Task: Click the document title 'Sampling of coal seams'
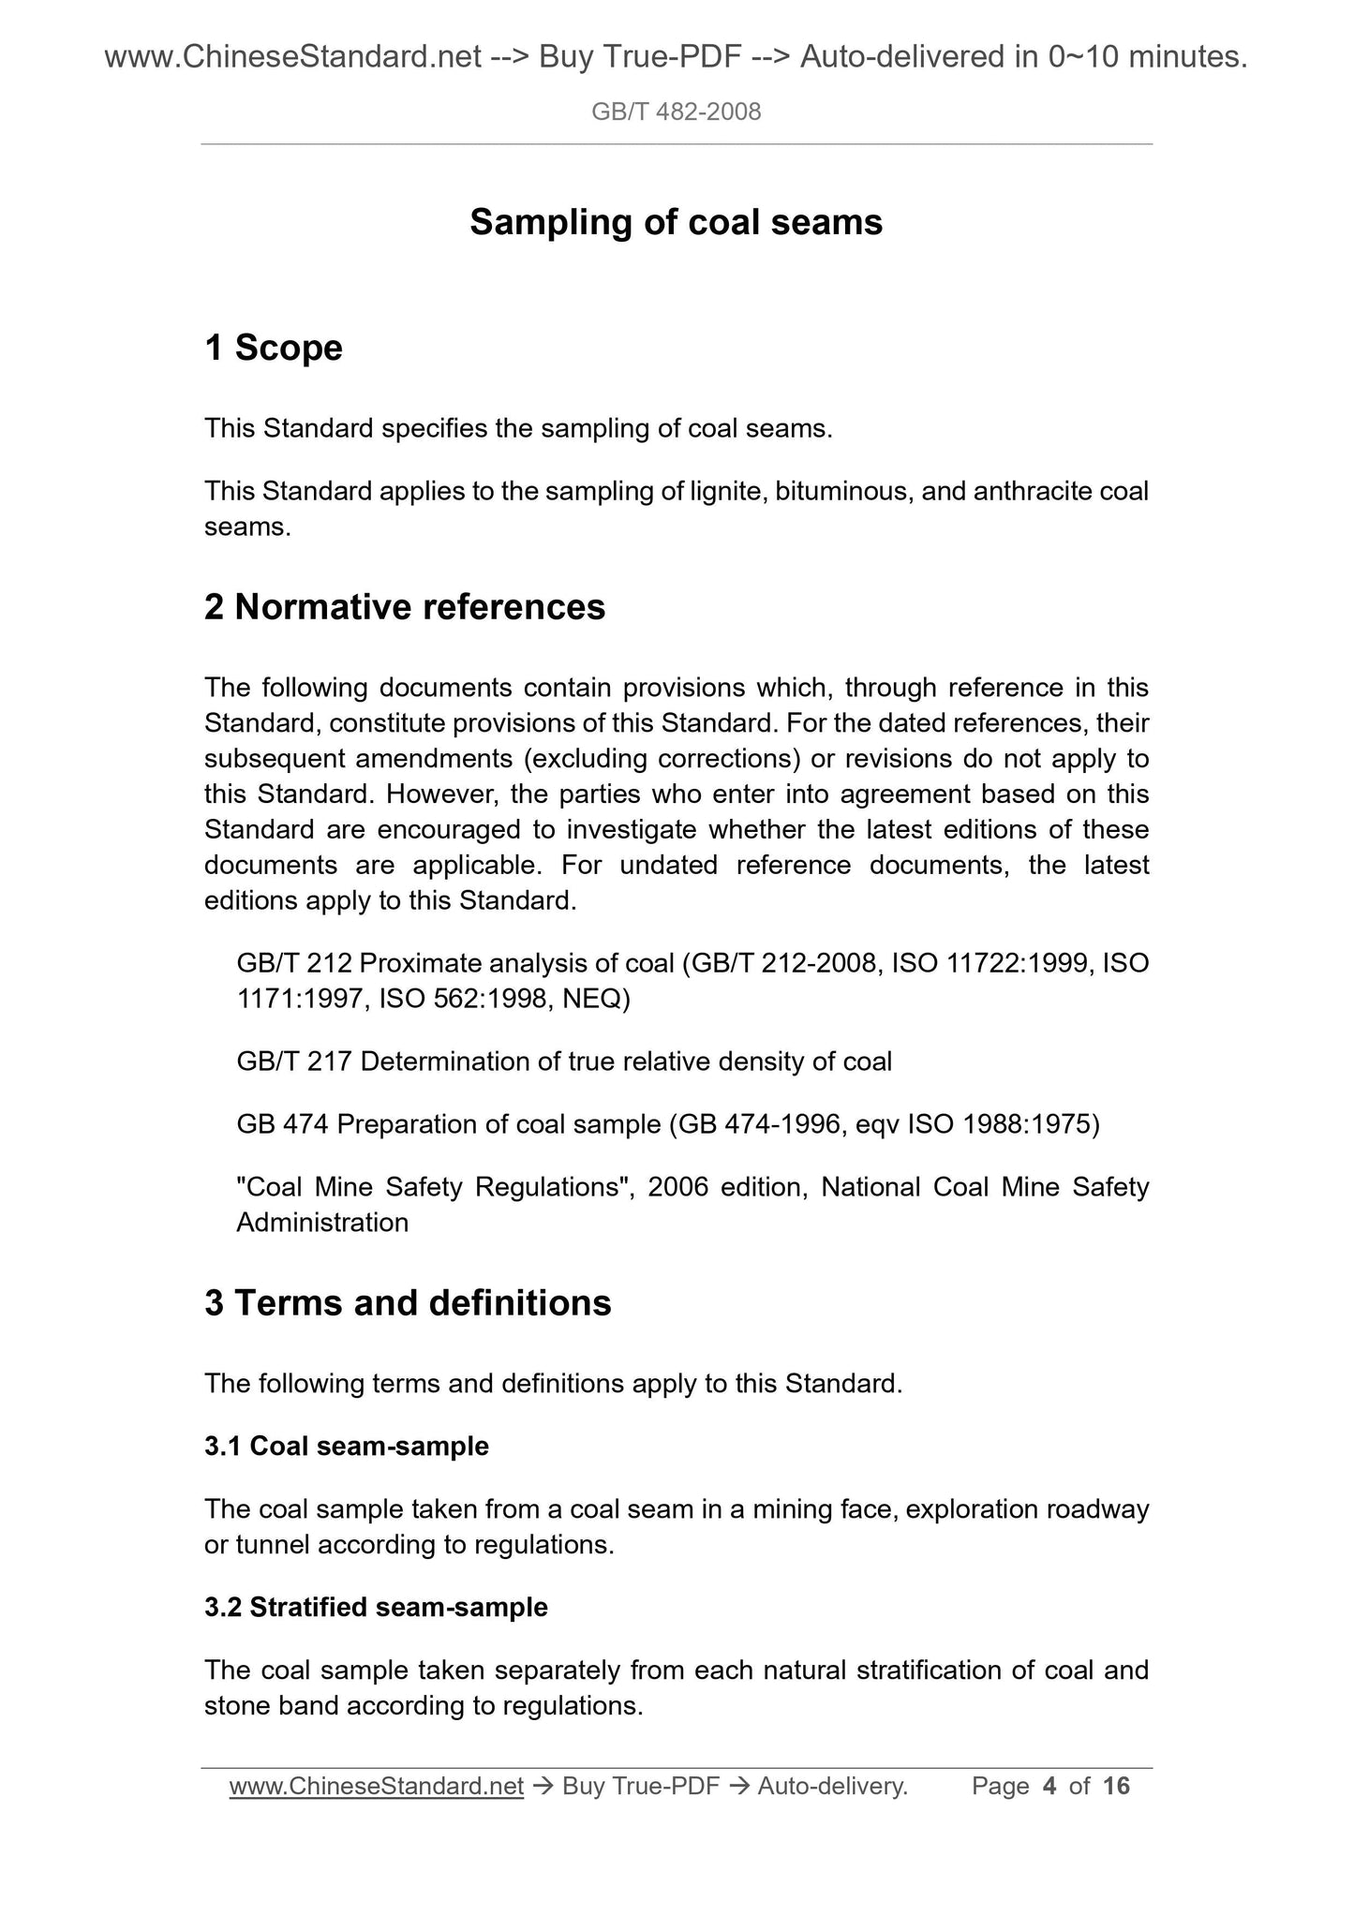(x=676, y=223)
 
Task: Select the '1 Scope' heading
(x=274, y=349)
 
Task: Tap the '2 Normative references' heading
(x=405, y=608)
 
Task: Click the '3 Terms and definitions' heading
(x=408, y=1303)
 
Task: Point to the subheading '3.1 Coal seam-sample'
(x=347, y=1446)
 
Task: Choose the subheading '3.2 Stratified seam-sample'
(x=376, y=1607)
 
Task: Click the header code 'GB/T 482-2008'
(x=676, y=112)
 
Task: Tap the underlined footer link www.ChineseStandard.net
(x=376, y=1787)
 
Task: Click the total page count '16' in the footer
(x=1116, y=1787)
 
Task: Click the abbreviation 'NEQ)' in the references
(x=597, y=999)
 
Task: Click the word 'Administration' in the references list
(x=322, y=1223)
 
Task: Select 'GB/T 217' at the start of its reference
(x=294, y=1061)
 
